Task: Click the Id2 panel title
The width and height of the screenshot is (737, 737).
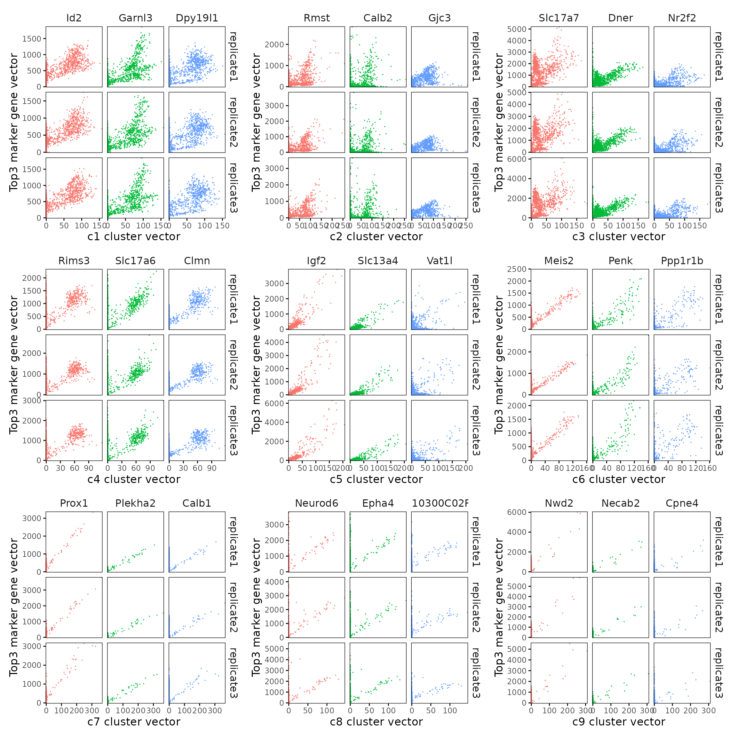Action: point(74,18)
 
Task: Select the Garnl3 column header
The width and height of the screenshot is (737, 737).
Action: point(135,18)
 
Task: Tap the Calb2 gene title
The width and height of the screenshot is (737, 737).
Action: point(378,18)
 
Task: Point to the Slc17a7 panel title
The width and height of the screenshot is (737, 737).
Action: point(559,18)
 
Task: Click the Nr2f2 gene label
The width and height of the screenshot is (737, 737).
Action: point(682,18)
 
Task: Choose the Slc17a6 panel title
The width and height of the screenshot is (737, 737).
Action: point(135,261)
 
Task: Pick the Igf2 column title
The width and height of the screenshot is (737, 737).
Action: point(316,261)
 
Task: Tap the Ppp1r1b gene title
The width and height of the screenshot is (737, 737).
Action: point(682,261)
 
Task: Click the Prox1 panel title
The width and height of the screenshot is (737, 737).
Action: point(74,503)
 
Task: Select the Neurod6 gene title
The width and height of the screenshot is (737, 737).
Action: point(316,503)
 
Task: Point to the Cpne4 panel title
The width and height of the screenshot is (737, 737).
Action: point(682,503)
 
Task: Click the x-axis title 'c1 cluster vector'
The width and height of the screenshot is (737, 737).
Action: point(134,236)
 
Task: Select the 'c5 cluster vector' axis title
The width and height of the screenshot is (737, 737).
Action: point(376,479)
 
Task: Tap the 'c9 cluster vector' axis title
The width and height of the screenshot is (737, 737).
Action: point(619,722)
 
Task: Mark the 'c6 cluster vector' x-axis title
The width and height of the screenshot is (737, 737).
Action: point(619,479)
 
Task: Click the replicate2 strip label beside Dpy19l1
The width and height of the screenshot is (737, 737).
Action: point(233,123)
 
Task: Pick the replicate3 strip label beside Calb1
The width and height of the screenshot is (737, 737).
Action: point(233,673)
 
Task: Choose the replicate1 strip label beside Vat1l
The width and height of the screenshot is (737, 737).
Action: point(476,299)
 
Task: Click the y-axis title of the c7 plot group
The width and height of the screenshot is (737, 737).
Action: point(14,607)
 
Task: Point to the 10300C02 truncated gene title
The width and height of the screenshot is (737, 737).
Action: point(440,503)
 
